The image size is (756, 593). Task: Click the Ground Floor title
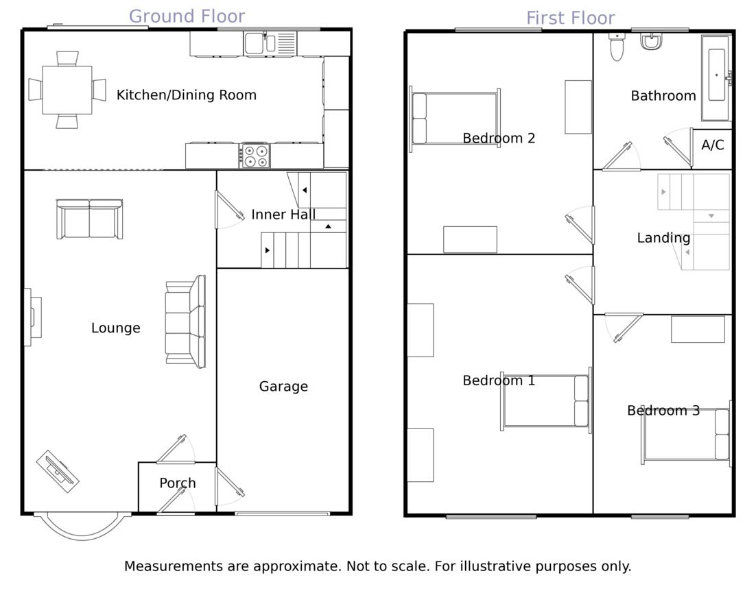point(187,17)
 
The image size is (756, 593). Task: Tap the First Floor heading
point(570,19)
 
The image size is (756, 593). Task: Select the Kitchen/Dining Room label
point(186,95)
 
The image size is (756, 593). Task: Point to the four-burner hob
point(255,156)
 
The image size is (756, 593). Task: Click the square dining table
point(67,90)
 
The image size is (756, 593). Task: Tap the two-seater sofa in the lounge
point(90,219)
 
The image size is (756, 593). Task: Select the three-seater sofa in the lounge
point(186,322)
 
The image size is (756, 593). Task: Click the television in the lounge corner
point(58,472)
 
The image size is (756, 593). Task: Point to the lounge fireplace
point(33,317)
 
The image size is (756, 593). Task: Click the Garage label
point(283,387)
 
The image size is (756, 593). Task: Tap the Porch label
point(178,483)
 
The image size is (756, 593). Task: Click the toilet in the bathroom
point(617,47)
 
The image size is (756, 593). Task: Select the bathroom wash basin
point(651,41)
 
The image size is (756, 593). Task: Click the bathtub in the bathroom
point(716,77)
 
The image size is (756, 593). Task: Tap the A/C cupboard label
point(713,145)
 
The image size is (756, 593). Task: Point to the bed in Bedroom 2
point(455,119)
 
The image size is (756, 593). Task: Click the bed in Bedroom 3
point(686,434)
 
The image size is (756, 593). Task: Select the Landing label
point(663,238)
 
